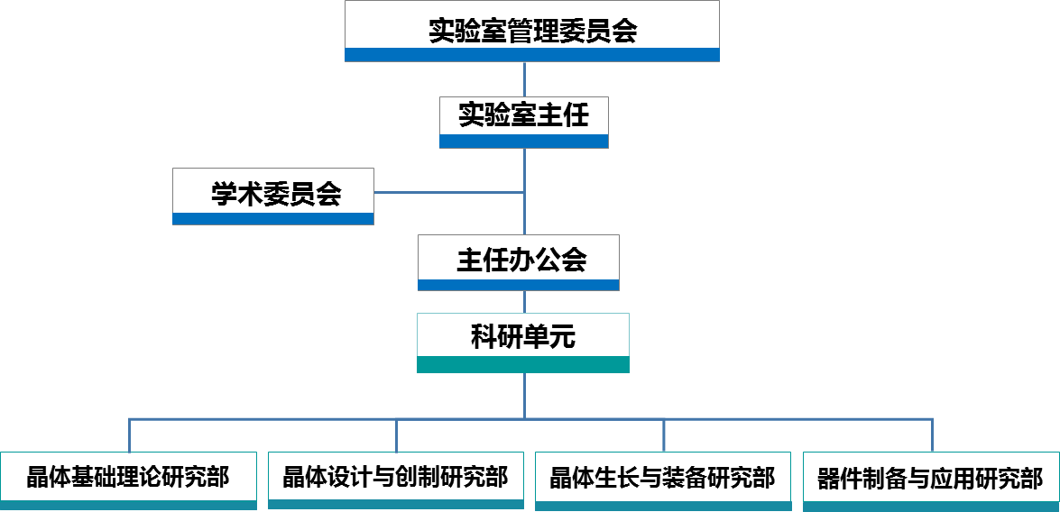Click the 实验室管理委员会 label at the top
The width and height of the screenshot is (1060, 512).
[x=532, y=32]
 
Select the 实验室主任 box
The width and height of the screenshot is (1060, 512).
[x=523, y=116]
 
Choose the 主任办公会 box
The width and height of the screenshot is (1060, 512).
[x=519, y=259]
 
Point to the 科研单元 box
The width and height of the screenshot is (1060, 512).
[x=523, y=336]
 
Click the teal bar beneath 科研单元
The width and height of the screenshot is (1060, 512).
[x=523, y=364]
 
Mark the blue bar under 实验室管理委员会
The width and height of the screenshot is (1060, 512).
[x=532, y=55]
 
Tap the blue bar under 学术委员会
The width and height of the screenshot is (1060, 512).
[x=273, y=218]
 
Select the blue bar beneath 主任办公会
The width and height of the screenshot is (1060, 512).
[x=519, y=285]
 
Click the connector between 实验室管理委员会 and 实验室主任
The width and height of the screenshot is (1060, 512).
[x=524, y=79]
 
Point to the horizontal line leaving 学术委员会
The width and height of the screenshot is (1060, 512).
[x=448, y=192]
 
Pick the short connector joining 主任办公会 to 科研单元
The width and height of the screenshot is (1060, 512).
[x=524, y=301]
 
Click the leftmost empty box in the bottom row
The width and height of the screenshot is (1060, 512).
[x=128, y=478]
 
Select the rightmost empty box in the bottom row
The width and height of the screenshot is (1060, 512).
[x=931, y=478]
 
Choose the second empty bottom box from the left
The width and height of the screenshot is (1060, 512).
[x=396, y=477]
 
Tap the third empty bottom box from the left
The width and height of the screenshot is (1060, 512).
[x=663, y=478]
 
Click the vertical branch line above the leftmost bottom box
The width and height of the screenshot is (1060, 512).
[x=130, y=435]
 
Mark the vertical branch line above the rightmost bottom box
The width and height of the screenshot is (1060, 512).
[x=932, y=435]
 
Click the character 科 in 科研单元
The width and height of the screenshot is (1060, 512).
[x=484, y=337]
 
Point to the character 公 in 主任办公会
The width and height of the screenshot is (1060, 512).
[x=548, y=260]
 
